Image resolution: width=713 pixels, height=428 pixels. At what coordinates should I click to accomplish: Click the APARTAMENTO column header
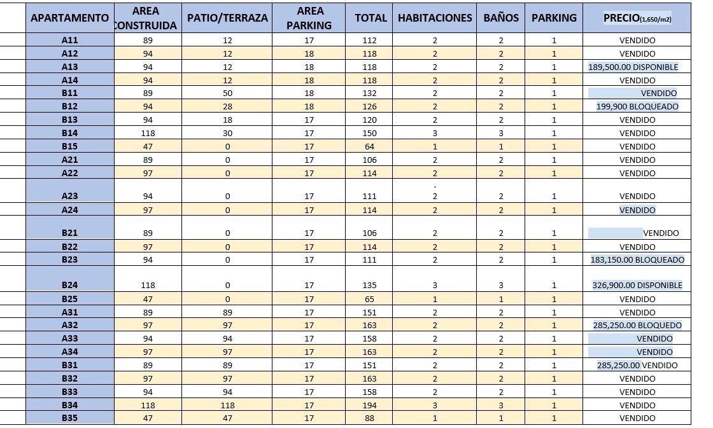[70, 18]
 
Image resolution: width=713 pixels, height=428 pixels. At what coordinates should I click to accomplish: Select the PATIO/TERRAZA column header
[227, 18]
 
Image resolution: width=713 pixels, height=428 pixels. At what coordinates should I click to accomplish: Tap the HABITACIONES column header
[435, 18]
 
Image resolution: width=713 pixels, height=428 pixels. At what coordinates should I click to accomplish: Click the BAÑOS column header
[501, 18]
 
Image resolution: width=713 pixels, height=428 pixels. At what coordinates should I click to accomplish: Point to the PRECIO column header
[637, 18]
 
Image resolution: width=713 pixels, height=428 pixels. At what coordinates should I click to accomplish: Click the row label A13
[70, 67]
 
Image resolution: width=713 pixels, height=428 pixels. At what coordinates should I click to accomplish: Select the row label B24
[70, 285]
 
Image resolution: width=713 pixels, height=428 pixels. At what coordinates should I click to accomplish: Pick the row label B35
[70, 418]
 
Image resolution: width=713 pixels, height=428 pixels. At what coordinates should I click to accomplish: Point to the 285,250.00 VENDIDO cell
[637, 365]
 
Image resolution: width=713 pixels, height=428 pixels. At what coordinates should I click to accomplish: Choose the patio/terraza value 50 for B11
[227, 93]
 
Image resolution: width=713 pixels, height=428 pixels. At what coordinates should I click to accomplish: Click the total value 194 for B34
[369, 405]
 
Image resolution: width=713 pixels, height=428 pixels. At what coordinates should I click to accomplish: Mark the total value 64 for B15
[369, 146]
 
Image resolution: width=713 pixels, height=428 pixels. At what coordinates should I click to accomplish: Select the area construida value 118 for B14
[148, 133]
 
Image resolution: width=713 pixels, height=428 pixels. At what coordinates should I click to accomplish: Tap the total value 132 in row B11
[369, 93]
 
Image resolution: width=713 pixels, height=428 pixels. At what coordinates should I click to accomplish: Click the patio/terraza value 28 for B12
[227, 107]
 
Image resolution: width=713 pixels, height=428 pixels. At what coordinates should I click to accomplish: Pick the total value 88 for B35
[369, 418]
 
